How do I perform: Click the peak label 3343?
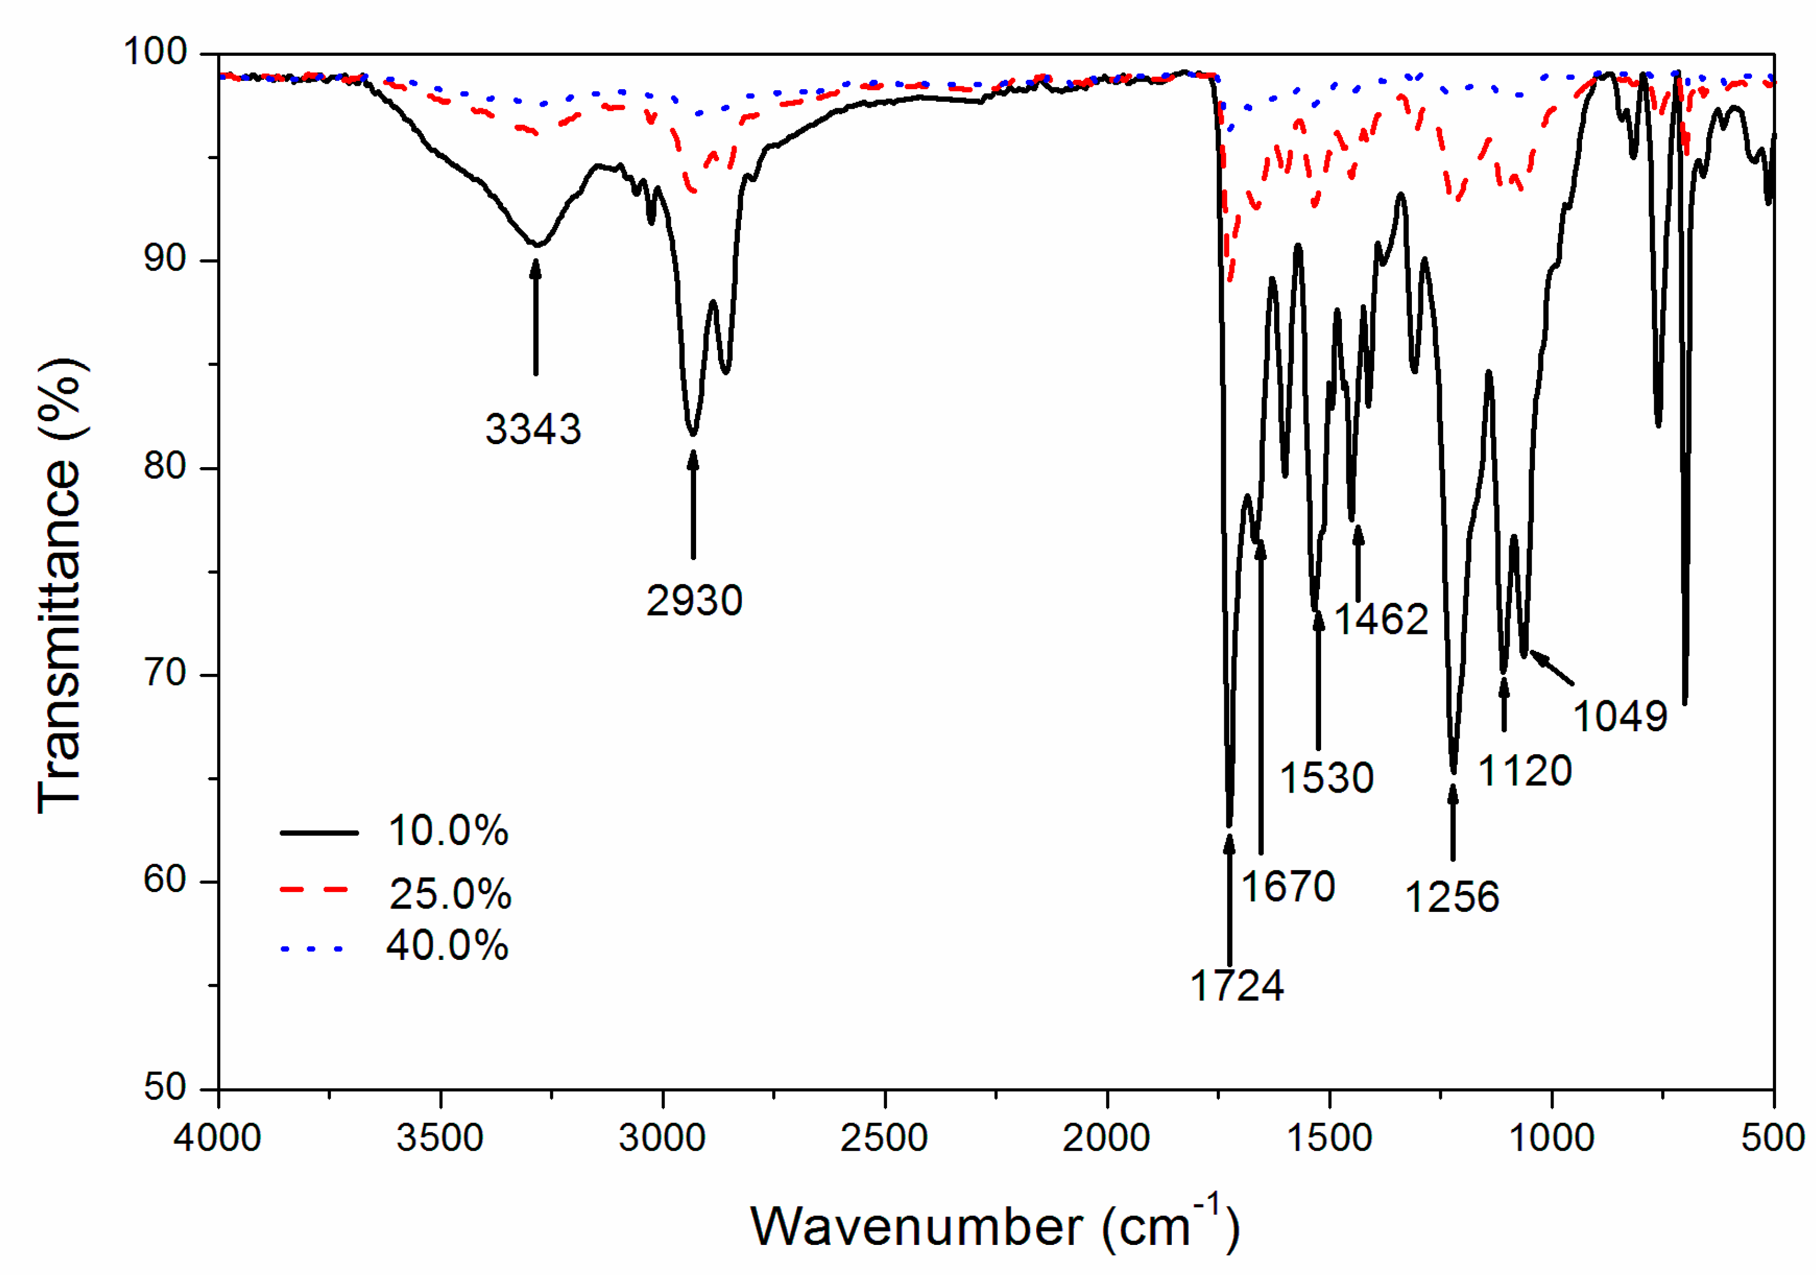click(533, 429)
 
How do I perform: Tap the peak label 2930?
click(694, 601)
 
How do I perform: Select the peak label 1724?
click(1236, 986)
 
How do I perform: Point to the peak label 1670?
click(1288, 886)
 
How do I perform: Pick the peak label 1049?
click(1619, 717)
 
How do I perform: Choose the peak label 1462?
click(1381, 619)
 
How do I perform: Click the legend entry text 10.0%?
click(448, 831)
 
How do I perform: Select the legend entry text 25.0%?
click(450, 894)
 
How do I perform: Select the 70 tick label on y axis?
click(165, 673)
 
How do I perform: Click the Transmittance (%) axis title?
click(60, 585)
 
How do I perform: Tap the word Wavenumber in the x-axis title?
click(916, 1227)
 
